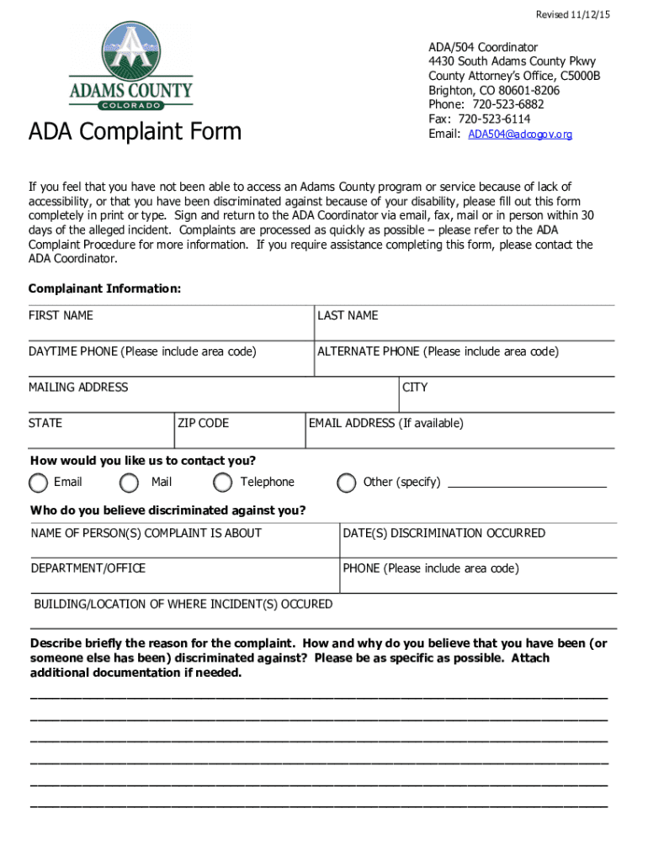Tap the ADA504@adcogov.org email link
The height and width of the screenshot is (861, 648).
[x=520, y=135]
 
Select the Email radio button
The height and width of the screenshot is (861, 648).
[x=39, y=483]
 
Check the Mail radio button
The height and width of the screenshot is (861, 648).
[x=130, y=483]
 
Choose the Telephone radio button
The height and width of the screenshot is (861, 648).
[x=223, y=483]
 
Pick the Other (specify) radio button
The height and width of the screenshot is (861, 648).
[x=346, y=483]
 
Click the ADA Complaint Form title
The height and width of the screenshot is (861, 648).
[x=135, y=132]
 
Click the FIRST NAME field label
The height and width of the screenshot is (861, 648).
[x=61, y=316]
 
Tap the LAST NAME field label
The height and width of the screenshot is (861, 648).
[x=348, y=316]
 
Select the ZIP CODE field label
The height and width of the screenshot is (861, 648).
[x=203, y=424]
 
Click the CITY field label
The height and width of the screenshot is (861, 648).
[x=415, y=388]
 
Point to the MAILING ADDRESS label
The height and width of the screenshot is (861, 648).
[x=78, y=388]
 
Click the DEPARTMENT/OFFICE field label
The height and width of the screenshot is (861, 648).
[x=88, y=568]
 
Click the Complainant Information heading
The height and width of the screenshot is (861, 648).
[x=104, y=289]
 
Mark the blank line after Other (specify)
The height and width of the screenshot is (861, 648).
[x=527, y=485]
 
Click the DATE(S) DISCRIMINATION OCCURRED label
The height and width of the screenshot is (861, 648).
[x=444, y=533]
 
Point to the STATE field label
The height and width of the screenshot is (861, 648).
[x=45, y=424]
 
